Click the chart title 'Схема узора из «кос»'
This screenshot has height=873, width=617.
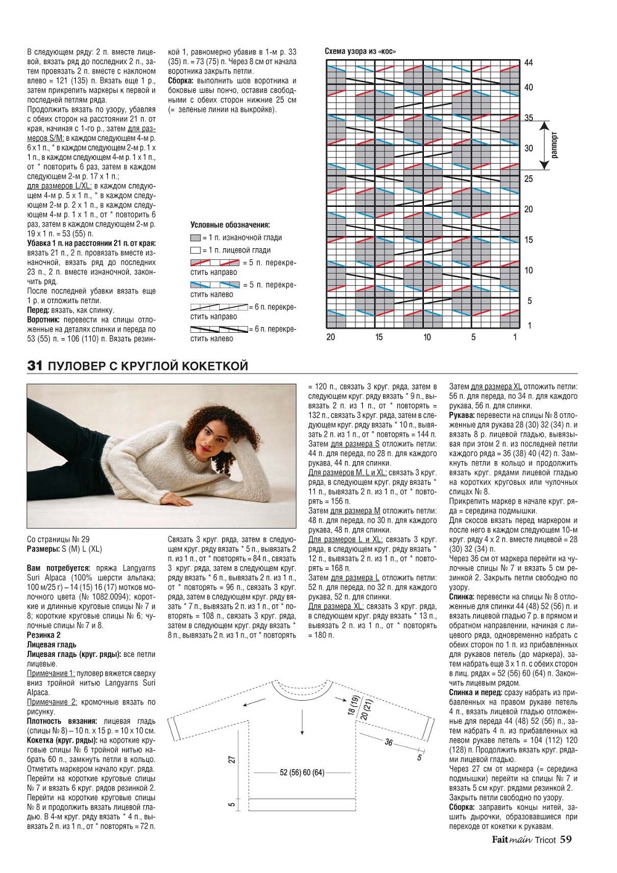coord(360,51)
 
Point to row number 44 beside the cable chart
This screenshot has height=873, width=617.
coord(529,63)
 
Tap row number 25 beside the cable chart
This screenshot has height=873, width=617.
coord(529,179)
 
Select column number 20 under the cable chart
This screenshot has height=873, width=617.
coord(331,337)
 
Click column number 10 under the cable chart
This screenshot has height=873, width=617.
coord(427,337)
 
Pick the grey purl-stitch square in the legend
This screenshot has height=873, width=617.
coord(196,238)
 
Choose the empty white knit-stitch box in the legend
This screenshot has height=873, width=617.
coord(196,251)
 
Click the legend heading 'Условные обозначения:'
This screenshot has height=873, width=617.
coord(230,225)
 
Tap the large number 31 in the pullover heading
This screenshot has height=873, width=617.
coord(35,366)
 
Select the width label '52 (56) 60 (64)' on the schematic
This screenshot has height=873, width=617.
coord(302,772)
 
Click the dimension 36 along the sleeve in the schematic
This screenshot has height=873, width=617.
coord(389,742)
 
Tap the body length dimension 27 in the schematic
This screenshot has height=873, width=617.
coord(233,759)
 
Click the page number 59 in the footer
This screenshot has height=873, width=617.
coord(566,839)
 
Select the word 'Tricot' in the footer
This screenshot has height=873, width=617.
coord(545,840)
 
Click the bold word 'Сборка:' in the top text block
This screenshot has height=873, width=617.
coord(181,81)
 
